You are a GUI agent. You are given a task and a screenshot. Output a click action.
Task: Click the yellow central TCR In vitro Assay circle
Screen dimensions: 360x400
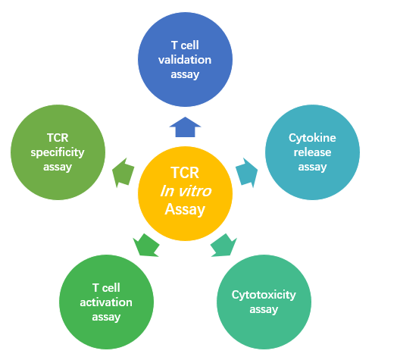pyautogui.click(x=185, y=190)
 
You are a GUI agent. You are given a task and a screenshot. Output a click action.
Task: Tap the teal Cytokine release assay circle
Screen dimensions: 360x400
pyautogui.click(x=311, y=151)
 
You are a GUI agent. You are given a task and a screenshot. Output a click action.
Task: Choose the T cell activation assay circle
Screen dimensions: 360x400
pyautogui.click(x=106, y=302)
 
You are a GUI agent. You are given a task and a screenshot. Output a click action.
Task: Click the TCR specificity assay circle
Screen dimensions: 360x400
pyautogui.click(x=58, y=152)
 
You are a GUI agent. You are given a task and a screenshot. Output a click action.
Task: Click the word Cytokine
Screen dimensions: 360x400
pyautogui.click(x=312, y=138)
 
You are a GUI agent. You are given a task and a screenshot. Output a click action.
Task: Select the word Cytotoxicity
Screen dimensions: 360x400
pyautogui.click(x=264, y=295)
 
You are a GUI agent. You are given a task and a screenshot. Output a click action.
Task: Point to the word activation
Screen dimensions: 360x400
pyautogui.click(x=106, y=302)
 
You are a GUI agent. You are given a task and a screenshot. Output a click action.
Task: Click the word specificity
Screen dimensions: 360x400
pyautogui.click(x=58, y=152)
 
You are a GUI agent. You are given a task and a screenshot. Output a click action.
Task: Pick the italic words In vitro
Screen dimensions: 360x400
pyautogui.click(x=185, y=191)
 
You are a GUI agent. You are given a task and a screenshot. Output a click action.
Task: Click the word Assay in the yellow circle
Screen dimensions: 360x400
pyautogui.click(x=185, y=209)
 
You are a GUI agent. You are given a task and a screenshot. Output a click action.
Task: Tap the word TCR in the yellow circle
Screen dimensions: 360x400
pyautogui.click(x=185, y=173)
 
